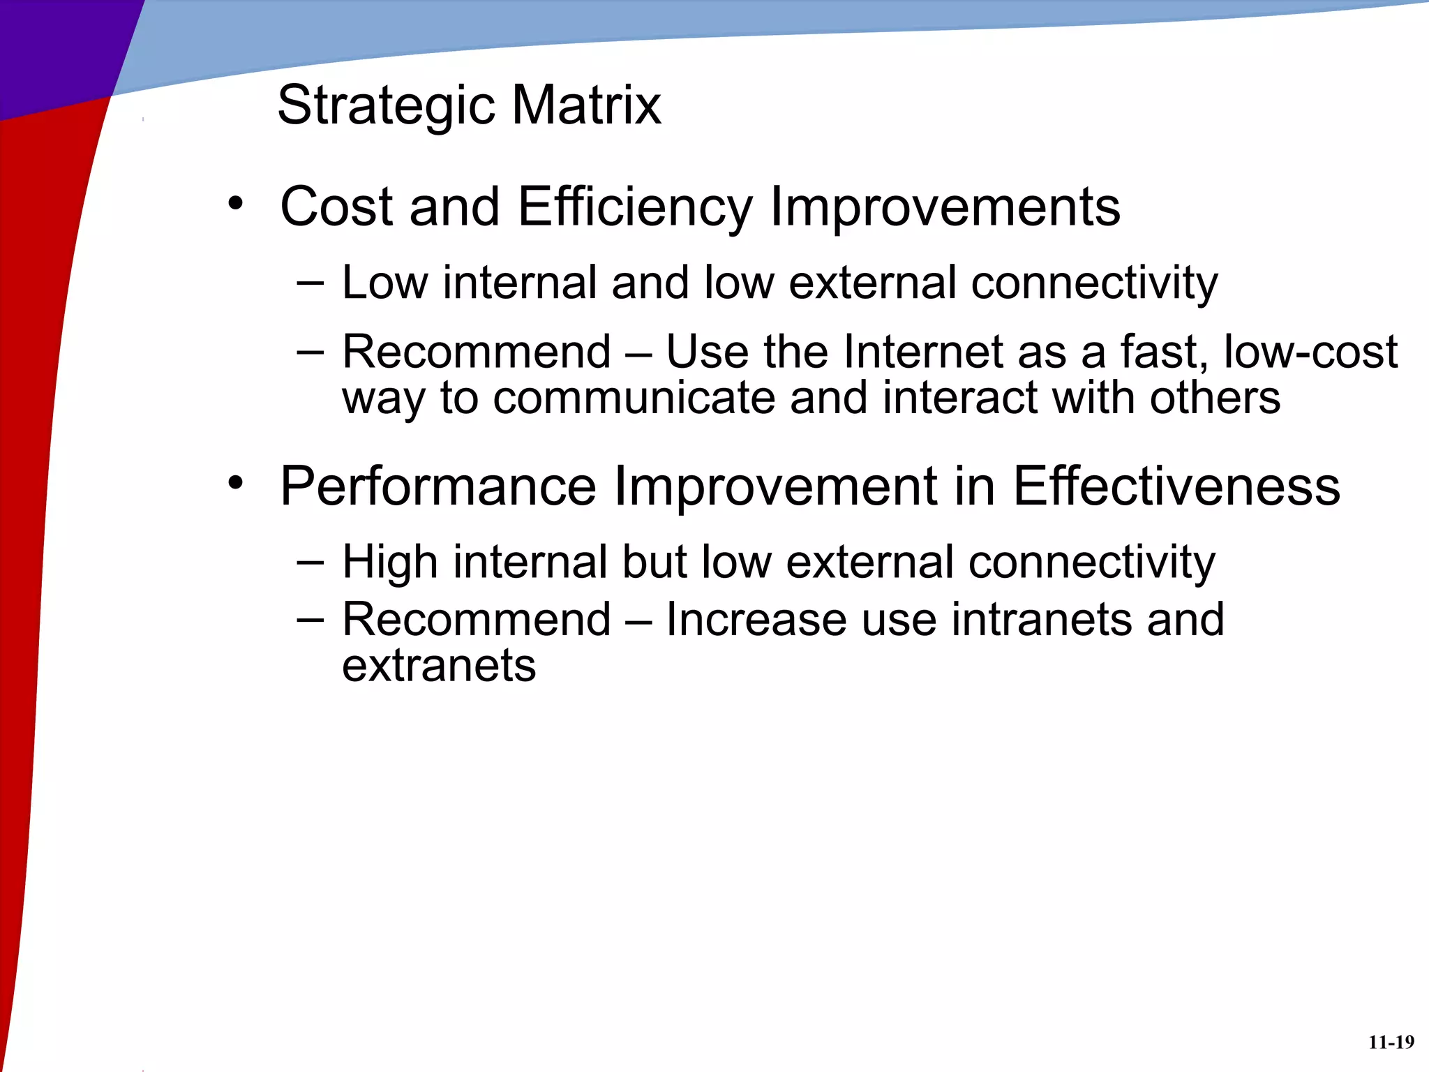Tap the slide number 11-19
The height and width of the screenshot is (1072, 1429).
(1391, 1043)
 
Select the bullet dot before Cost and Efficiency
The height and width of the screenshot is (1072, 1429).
(236, 204)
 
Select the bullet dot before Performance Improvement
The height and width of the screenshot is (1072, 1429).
(236, 482)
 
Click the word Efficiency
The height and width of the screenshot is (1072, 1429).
(635, 208)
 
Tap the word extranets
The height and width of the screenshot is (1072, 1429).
(439, 665)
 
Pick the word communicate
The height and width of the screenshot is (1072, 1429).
(634, 398)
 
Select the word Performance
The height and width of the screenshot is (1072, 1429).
(438, 487)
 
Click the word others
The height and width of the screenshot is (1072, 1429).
(1215, 398)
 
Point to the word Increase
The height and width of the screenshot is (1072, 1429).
(756, 619)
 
